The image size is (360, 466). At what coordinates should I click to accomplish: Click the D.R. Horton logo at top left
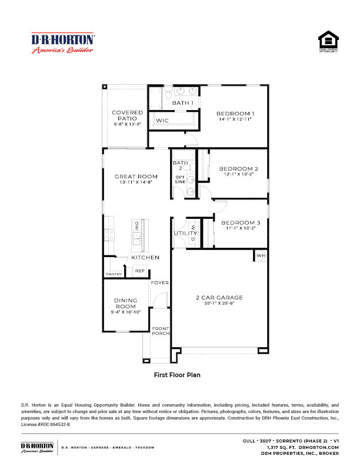[62, 43]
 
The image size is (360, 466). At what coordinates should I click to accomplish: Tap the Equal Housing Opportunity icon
[328, 43]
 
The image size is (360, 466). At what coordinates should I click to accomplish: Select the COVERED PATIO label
[127, 115]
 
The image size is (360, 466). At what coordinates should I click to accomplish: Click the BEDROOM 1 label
[235, 114]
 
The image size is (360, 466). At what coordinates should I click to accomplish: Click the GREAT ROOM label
[136, 177]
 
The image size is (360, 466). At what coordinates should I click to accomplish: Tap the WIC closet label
[162, 121]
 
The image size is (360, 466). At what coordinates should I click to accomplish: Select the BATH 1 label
[183, 104]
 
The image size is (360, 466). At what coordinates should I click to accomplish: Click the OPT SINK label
[179, 179]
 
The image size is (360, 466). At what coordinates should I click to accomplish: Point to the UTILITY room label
[185, 234]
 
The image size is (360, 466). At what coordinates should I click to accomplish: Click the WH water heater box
[260, 255]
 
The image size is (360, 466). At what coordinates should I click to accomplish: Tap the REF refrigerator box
[139, 271]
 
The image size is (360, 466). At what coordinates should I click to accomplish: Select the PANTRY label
[114, 274]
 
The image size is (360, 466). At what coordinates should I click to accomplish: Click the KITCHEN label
[145, 258]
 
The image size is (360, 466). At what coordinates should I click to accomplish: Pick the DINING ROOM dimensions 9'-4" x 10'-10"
[125, 312]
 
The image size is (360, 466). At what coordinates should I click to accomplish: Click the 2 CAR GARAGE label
[219, 298]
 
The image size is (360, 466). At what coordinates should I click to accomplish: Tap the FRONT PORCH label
[160, 331]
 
